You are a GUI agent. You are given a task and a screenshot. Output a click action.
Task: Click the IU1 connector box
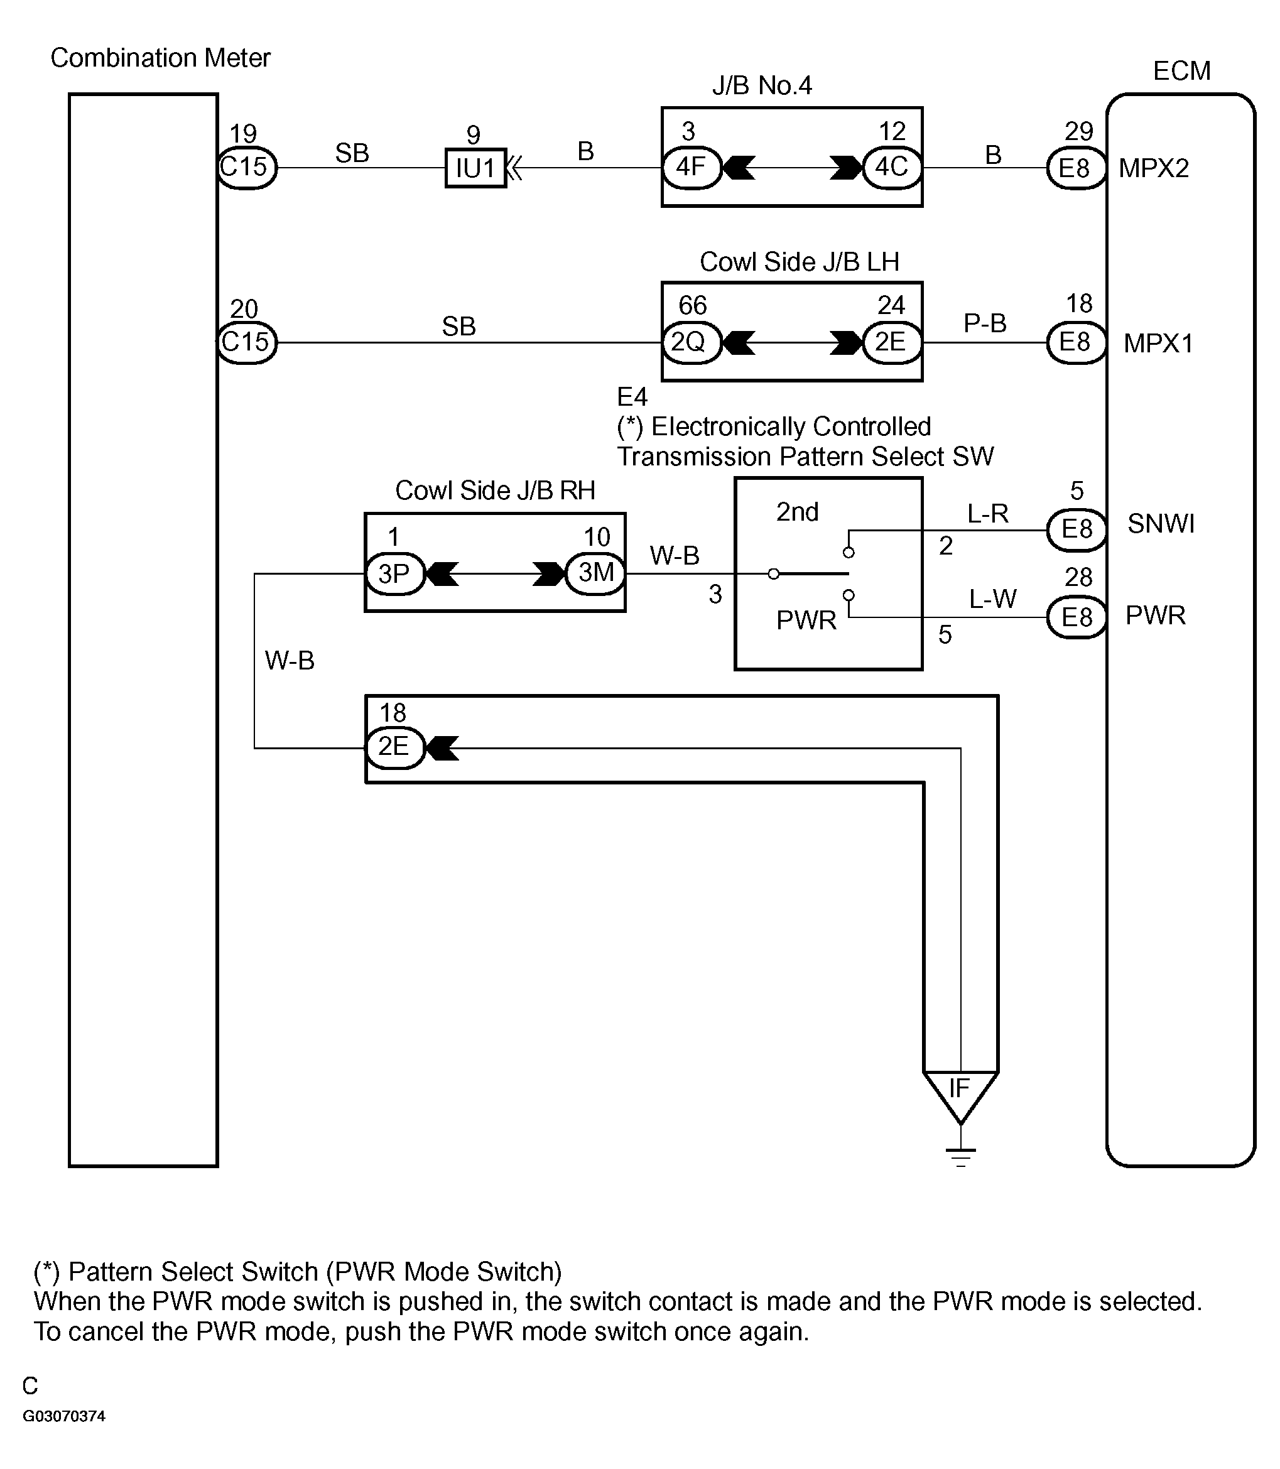coord(475,168)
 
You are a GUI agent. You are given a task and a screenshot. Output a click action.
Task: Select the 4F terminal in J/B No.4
coord(692,168)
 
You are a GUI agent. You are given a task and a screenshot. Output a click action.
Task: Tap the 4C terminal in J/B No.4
coord(892,168)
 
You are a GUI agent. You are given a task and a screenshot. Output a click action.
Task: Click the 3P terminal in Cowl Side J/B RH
coord(395,573)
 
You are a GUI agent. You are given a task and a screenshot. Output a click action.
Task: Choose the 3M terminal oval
coord(595,573)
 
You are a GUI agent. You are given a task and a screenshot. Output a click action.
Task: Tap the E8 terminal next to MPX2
coord(1077,168)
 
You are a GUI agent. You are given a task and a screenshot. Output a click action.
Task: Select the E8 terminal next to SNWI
coord(1077,530)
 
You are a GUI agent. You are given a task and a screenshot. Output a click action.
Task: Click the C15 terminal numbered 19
coord(246,168)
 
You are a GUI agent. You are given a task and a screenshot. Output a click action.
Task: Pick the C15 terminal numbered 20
coord(246,343)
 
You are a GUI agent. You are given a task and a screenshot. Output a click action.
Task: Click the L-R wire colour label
coord(988,514)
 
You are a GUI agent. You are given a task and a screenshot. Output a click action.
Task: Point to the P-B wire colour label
coord(985,323)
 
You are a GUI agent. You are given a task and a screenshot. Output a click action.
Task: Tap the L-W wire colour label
coord(993,599)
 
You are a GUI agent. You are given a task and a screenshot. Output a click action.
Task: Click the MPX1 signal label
coord(1159,344)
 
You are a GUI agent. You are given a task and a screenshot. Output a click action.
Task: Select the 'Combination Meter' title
coord(161,58)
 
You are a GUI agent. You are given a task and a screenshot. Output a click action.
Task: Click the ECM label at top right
coord(1182,71)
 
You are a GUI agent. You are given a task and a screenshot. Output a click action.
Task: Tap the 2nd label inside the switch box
coord(798,512)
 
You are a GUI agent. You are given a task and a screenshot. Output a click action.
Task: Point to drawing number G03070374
coord(64,1416)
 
